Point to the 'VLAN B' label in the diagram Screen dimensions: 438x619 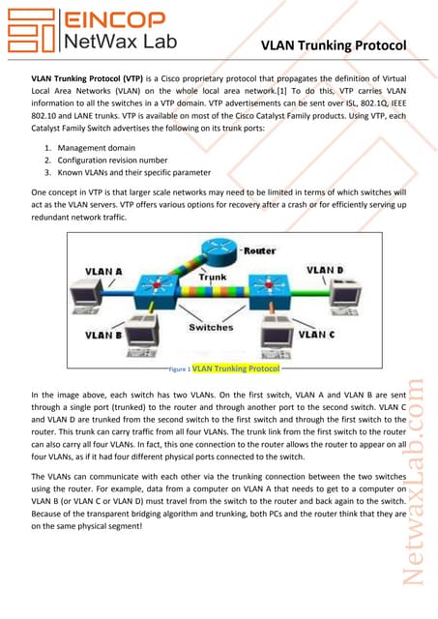[x=104, y=335]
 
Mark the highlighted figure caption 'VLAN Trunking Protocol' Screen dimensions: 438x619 [x=236, y=368]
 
